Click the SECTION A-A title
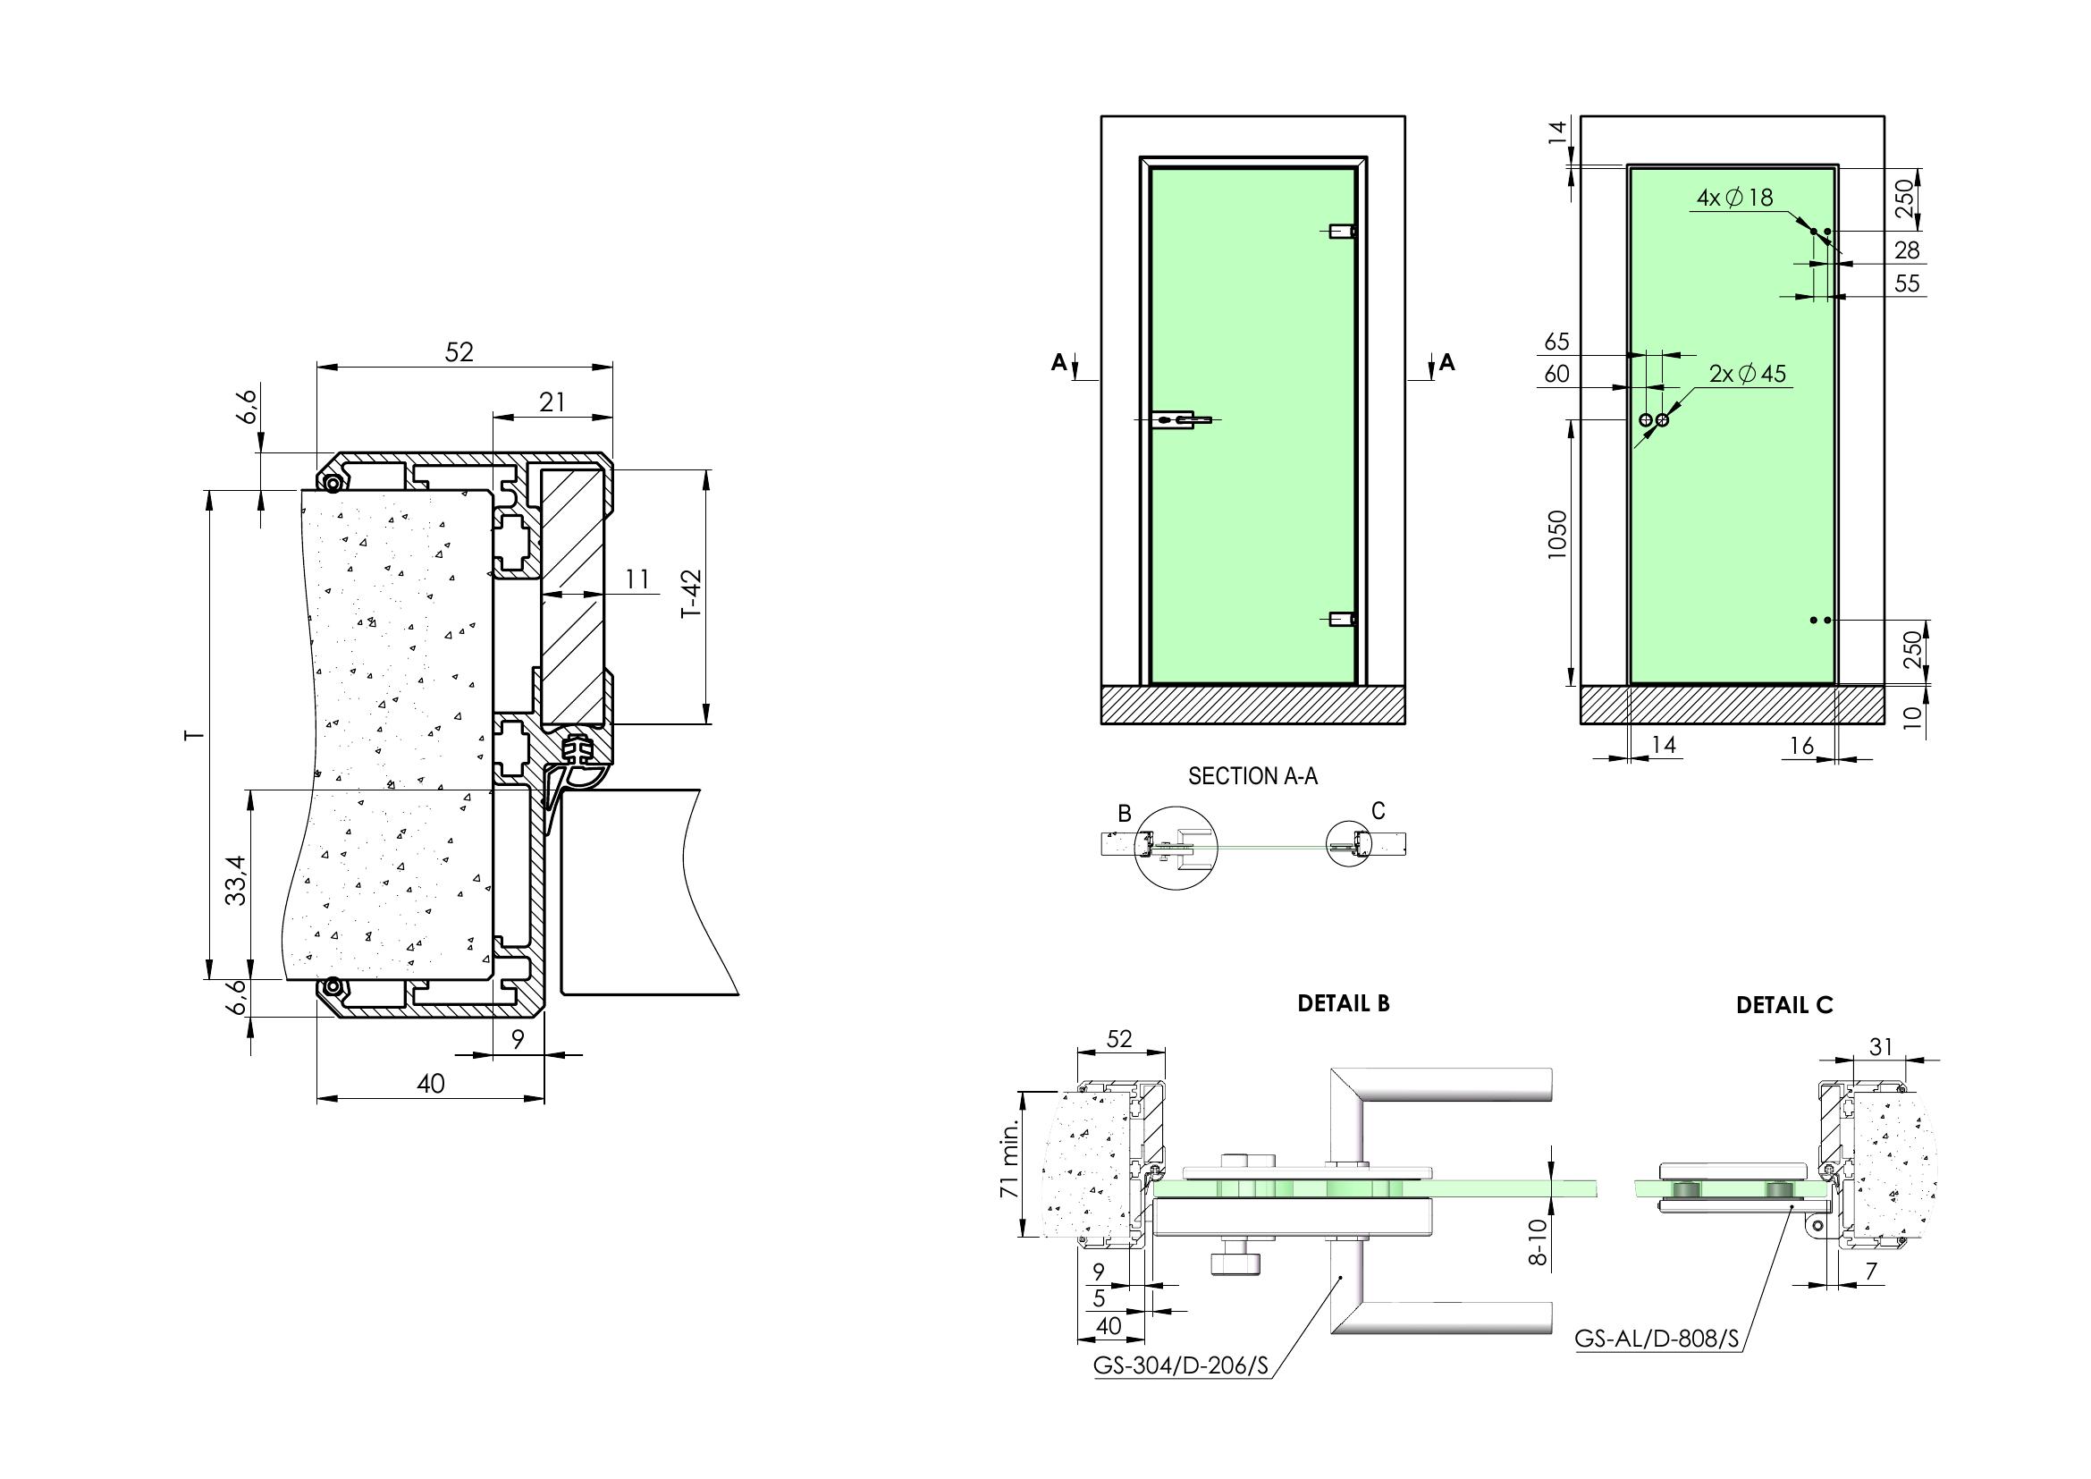(x=1252, y=776)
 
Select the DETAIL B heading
(x=1344, y=1003)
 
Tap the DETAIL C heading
(x=1784, y=1005)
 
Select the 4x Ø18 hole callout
(x=1735, y=197)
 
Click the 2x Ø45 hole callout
(x=1748, y=374)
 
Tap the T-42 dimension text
(x=694, y=594)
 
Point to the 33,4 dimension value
(x=236, y=880)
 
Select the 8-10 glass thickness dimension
(x=1537, y=1242)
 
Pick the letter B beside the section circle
(x=1125, y=813)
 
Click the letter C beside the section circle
(x=1378, y=810)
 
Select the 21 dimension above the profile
(x=552, y=401)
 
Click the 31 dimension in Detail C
(x=1881, y=1047)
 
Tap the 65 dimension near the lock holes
(x=1557, y=342)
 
